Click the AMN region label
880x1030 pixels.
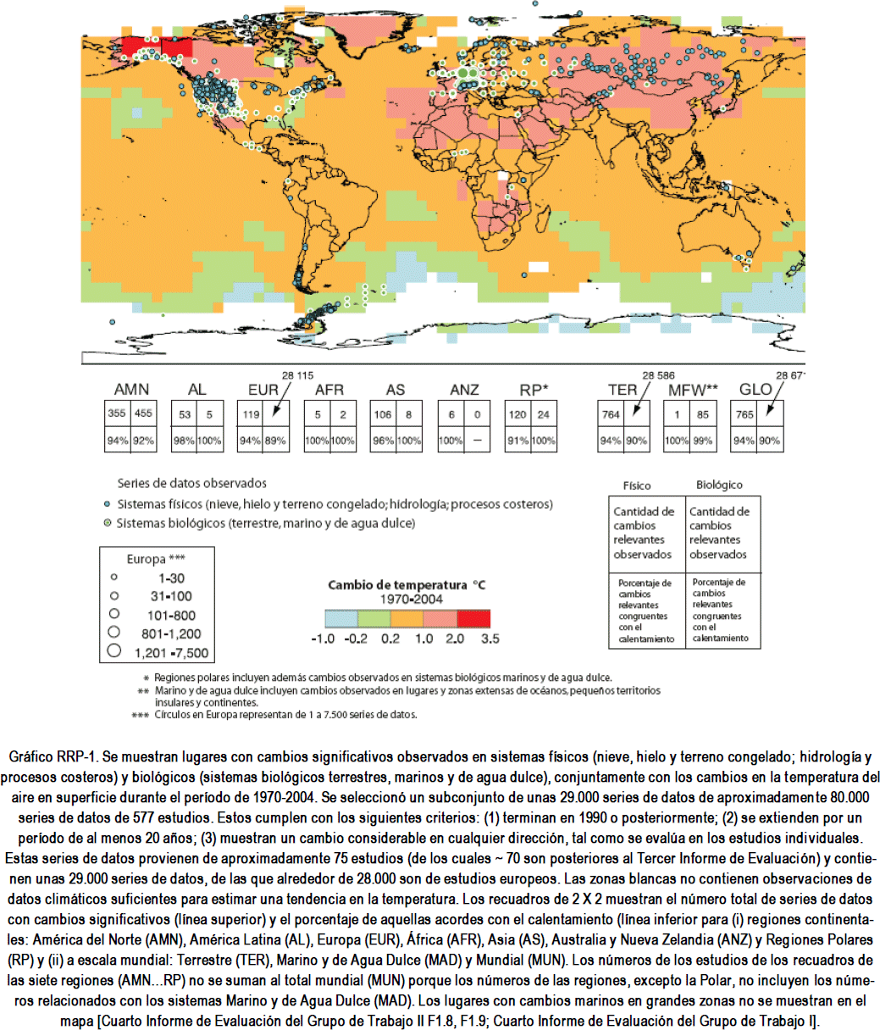tap(131, 390)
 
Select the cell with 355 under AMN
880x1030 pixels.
tap(116, 413)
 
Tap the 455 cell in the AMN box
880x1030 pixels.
tap(143, 413)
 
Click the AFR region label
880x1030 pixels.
tap(329, 390)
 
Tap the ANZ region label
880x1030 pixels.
tap(463, 390)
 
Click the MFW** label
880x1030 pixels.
tap(693, 390)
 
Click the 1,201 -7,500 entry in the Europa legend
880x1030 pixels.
tap(170, 653)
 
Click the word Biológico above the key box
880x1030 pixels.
tap(719, 485)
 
